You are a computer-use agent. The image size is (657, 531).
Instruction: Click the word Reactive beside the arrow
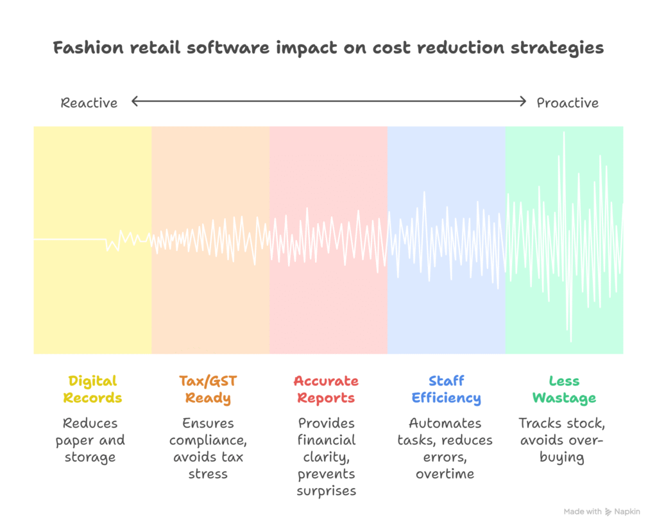(89, 103)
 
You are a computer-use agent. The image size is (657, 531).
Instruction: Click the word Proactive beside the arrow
(567, 103)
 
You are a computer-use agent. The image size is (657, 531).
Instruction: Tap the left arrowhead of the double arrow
(135, 101)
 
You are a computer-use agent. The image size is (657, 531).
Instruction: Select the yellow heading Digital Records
(93, 389)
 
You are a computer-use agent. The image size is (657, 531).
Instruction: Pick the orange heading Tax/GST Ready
(208, 389)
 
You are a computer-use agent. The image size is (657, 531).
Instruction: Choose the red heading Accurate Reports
(326, 389)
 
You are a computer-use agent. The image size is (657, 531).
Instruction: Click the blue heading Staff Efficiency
(446, 389)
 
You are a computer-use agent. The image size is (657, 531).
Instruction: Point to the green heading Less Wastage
(564, 389)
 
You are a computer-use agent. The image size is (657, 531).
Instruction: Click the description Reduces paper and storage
(90, 440)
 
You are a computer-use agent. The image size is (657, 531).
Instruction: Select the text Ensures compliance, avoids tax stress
(208, 449)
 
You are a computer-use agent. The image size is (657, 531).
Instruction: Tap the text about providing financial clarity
(326, 457)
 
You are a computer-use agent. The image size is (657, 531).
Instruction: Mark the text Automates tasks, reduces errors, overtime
(445, 449)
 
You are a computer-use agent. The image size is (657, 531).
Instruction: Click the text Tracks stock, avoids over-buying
(562, 440)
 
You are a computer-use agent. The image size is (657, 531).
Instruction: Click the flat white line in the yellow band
(69, 239)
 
